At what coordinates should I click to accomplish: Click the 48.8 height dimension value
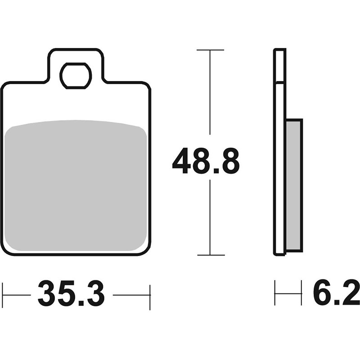206,161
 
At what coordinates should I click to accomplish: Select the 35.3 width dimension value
72,293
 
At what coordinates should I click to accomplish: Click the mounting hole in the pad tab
76,76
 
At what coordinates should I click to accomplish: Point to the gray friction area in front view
76,185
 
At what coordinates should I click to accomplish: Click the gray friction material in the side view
294,185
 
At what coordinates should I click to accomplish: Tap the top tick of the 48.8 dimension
210,50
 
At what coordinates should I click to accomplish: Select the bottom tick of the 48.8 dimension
211,255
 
